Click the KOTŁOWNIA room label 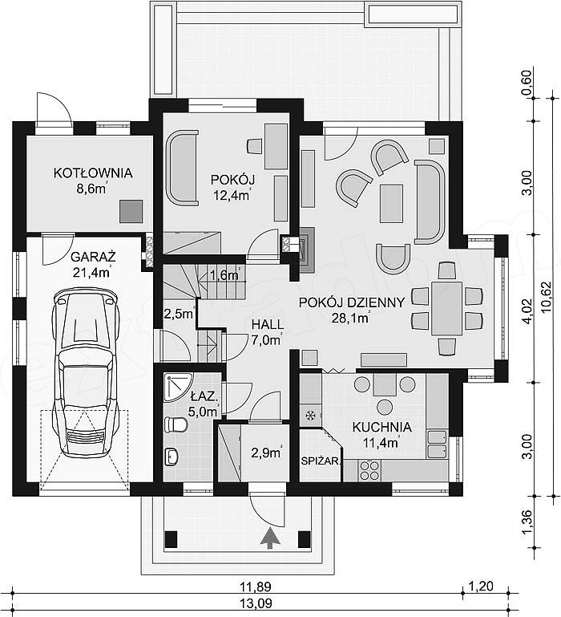coord(93,173)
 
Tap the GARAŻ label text coord(93,257)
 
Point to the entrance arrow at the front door coord(270,538)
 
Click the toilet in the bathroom coord(176,425)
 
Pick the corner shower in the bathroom coord(177,387)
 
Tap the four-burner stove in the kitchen coord(369,471)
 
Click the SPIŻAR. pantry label coord(321,461)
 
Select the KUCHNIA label coord(381,428)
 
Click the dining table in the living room coord(446,308)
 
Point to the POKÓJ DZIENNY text coord(352,302)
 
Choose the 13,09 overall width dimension coord(256,603)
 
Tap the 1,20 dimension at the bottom coord(482,587)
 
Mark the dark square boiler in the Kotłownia coord(131,211)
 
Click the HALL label coord(268,325)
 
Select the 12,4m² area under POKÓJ coord(232,195)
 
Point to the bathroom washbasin coord(172,457)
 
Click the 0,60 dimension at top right coord(527,82)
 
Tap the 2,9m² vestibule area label coord(266,453)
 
